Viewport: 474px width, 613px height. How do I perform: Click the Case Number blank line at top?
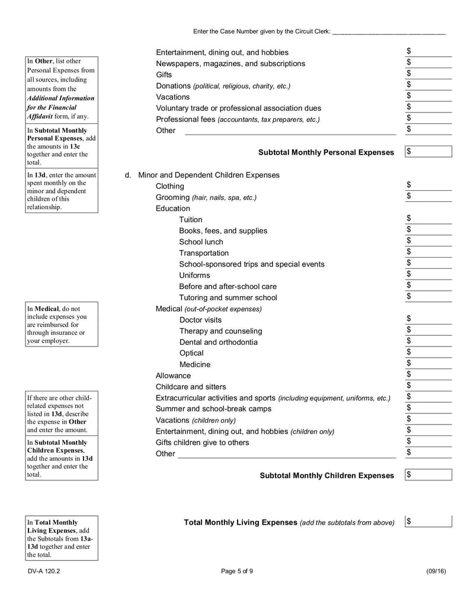(x=389, y=31)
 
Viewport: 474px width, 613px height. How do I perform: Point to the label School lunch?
(x=201, y=242)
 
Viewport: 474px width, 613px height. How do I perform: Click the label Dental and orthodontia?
(x=218, y=342)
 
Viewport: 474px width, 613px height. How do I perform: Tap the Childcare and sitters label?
(x=191, y=387)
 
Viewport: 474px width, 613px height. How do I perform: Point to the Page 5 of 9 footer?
(x=237, y=571)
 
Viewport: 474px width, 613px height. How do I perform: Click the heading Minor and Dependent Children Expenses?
(x=209, y=175)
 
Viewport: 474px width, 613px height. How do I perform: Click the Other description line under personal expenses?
(x=290, y=131)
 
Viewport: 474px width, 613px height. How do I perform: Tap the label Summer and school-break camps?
(x=213, y=409)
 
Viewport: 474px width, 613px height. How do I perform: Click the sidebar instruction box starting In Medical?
(x=62, y=325)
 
